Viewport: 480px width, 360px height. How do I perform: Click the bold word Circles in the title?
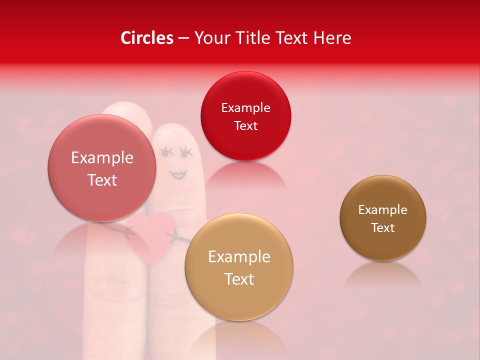click(147, 38)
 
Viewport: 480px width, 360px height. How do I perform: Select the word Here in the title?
click(332, 38)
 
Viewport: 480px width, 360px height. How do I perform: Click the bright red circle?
click(245, 116)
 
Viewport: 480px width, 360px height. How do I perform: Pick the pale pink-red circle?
click(102, 168)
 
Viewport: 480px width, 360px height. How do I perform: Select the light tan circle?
click(239, 267)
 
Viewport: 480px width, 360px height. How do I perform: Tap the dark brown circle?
click(383, 218)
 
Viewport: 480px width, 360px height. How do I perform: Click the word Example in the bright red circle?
click(245, 108)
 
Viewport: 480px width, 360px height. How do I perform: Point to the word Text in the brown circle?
click(383, 228)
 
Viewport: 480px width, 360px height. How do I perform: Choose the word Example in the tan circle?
click(239, 257)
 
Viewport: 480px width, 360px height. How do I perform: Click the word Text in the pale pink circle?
click(102, 180)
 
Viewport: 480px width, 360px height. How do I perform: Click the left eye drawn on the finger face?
click(166, 151)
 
